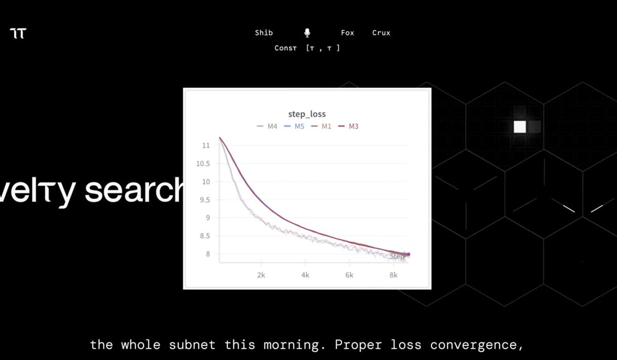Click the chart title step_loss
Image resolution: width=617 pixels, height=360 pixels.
307,114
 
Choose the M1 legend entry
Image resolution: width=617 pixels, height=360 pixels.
326,127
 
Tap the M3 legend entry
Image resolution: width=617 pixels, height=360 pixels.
354,127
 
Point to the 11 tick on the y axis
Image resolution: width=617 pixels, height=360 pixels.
206,146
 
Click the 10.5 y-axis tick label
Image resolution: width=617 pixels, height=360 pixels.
203,164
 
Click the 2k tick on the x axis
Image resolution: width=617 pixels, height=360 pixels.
261,275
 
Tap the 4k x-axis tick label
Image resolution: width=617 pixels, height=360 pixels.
305,275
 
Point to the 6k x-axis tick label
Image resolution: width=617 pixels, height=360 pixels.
349,275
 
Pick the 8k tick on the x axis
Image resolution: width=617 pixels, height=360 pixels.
394,275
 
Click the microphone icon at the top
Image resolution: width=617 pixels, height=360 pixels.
307,33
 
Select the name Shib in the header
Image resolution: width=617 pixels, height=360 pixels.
264,33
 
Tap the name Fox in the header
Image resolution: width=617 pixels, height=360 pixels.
347,33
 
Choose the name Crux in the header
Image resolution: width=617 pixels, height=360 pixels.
381,33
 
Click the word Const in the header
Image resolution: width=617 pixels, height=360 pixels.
286,48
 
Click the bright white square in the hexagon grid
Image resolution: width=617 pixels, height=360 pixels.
520,127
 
